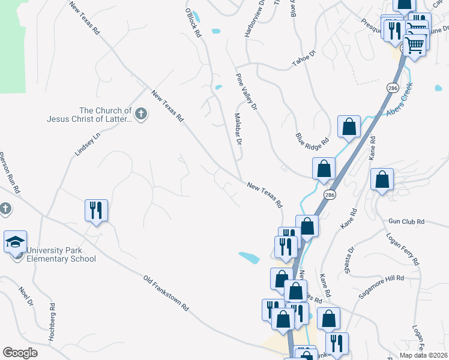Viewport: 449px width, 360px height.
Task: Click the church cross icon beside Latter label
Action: pyautogui.click(x=141, y=114)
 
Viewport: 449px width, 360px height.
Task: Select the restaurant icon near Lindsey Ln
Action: pyautogui.click(x=96, y=210)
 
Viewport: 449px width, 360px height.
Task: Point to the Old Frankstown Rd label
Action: pyautogui.click(x=166, y=293)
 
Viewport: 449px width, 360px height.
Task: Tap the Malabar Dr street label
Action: pyautogui.click(x=237, y=129)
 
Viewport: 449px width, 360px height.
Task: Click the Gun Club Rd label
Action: pyautogui.click(x=406, y=222)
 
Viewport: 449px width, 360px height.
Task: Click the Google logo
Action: pyautogui.click(x=20, y=353)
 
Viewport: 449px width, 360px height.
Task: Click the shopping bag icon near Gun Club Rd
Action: pyautogui.click(x=382, y=179)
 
